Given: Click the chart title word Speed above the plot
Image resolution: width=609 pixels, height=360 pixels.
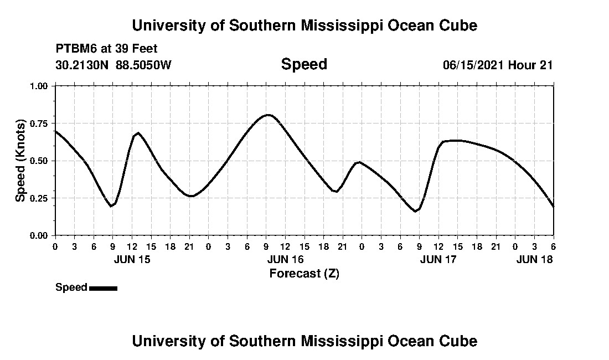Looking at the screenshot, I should (x=304, y=64).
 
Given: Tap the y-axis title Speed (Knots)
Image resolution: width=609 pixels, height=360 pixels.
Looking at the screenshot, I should (x=20, y=160).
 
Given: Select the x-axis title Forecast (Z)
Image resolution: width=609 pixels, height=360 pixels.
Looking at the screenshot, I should (x=304, y=273).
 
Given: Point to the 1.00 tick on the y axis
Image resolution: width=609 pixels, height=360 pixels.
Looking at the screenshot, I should (x=39, y=86).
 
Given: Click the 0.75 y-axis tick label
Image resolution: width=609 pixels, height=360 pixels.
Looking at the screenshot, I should (x=39, y=124).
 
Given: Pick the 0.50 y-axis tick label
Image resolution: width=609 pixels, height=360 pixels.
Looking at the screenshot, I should (x=39, y=161).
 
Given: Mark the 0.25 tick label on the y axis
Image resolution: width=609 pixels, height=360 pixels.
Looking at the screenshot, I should (x=39, y=198).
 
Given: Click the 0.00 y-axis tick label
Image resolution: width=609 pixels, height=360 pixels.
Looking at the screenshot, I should (x=39, y=236).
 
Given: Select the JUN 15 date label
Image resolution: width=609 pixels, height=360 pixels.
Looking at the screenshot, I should (x=132, y=259).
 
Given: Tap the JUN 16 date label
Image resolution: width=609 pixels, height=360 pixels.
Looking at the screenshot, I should (x=286, y=259).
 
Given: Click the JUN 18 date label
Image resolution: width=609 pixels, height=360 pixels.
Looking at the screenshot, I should (x=534, y=259).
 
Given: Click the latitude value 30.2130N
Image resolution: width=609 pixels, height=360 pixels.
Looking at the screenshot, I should (x=82, y=65).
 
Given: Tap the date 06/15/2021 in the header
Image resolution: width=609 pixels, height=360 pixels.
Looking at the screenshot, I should (x=473, y=65).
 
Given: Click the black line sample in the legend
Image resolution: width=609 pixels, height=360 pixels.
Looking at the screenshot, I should (x=103, y=288).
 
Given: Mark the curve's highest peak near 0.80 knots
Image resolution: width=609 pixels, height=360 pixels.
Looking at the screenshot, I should (x=268, y=115).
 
